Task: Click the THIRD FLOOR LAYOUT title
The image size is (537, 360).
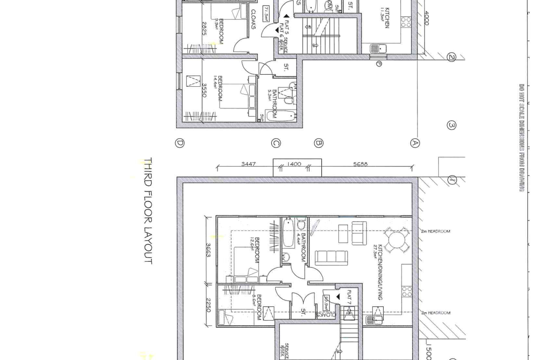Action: click(x=148, y=210)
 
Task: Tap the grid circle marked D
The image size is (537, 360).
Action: click(x=180, y=143)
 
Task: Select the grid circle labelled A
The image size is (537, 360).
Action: click(x=415, y=143)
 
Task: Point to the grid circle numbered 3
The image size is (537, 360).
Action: click(x=452, y=125)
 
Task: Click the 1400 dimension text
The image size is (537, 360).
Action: click(x=294, y=164)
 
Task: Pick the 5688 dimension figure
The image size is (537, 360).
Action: click(x=360, y=164)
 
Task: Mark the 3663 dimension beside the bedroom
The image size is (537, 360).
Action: click(x=208, y=250)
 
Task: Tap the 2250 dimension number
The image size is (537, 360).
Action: click(x=208, y=305)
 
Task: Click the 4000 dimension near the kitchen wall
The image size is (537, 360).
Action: click(x=426, y=18)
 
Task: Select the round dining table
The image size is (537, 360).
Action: click(x=397, y=240)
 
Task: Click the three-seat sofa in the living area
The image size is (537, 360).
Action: click(x=331, y=257)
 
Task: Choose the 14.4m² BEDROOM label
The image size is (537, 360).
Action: click(x=220, y=89)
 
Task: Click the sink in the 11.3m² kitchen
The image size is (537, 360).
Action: click(x=379, y=48)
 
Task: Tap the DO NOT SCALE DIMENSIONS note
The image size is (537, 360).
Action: click(x=521, y=137)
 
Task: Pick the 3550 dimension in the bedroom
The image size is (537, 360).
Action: click(x=204, y=90)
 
